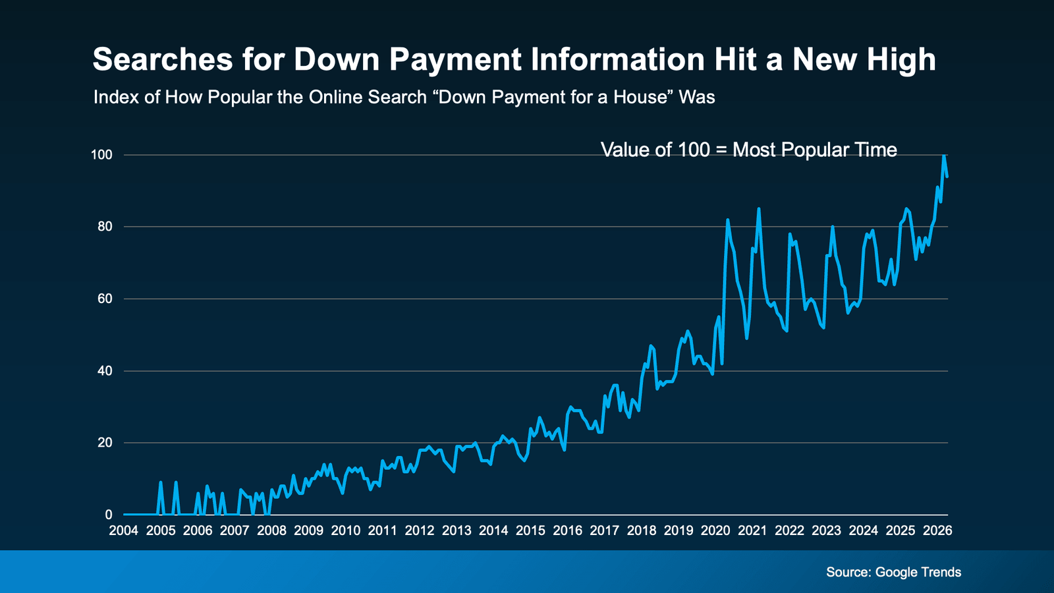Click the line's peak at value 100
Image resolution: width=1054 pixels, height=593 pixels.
pyautogui.click(x=944, y=156)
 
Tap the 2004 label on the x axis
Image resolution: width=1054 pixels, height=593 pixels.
pyautogui.click(x=124, y=530)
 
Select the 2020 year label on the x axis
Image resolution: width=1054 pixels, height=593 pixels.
pyautogui.click(x=715, y=530)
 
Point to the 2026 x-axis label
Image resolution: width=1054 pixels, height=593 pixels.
pyautogui.click(x=937, y=530)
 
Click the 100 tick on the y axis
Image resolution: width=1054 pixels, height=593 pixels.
pyautogui.click(x=102, y=155)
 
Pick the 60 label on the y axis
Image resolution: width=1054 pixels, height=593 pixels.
pyautogui.click(x=105, y=298)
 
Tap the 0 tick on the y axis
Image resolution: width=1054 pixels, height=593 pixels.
pyautogui.click(x=109, y=515)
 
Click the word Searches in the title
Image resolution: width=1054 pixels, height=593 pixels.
pyautogui.click(x=163, y=59)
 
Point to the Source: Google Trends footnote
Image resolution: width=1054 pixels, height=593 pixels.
pyautogui.click(x=893, y=572)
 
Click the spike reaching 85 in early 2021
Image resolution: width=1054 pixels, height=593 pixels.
pyautogui.click(x=759, y=210)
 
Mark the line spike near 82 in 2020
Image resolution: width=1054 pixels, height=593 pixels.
pyautogui.click(x=727, y=221)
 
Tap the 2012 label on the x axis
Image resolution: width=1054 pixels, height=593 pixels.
pyautogui.click(x=420, y=530)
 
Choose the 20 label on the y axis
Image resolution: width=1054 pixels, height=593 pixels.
pyautogui.click(x=105, y=443)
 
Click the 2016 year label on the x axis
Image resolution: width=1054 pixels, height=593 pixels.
pyautogui.click(x=567, y=530)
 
